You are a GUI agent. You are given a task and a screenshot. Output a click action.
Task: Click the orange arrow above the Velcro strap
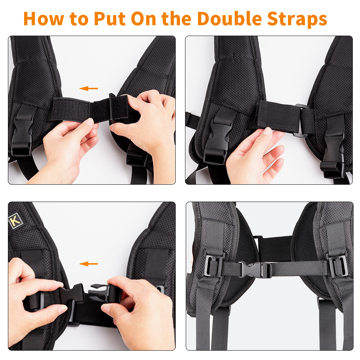tap(89, 88)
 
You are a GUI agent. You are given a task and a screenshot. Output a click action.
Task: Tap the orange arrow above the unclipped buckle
tap(89, 264)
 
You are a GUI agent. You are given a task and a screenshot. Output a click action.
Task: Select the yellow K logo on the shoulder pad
tap(15, 221)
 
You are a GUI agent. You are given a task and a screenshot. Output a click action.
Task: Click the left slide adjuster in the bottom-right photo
tap(213, 266)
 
